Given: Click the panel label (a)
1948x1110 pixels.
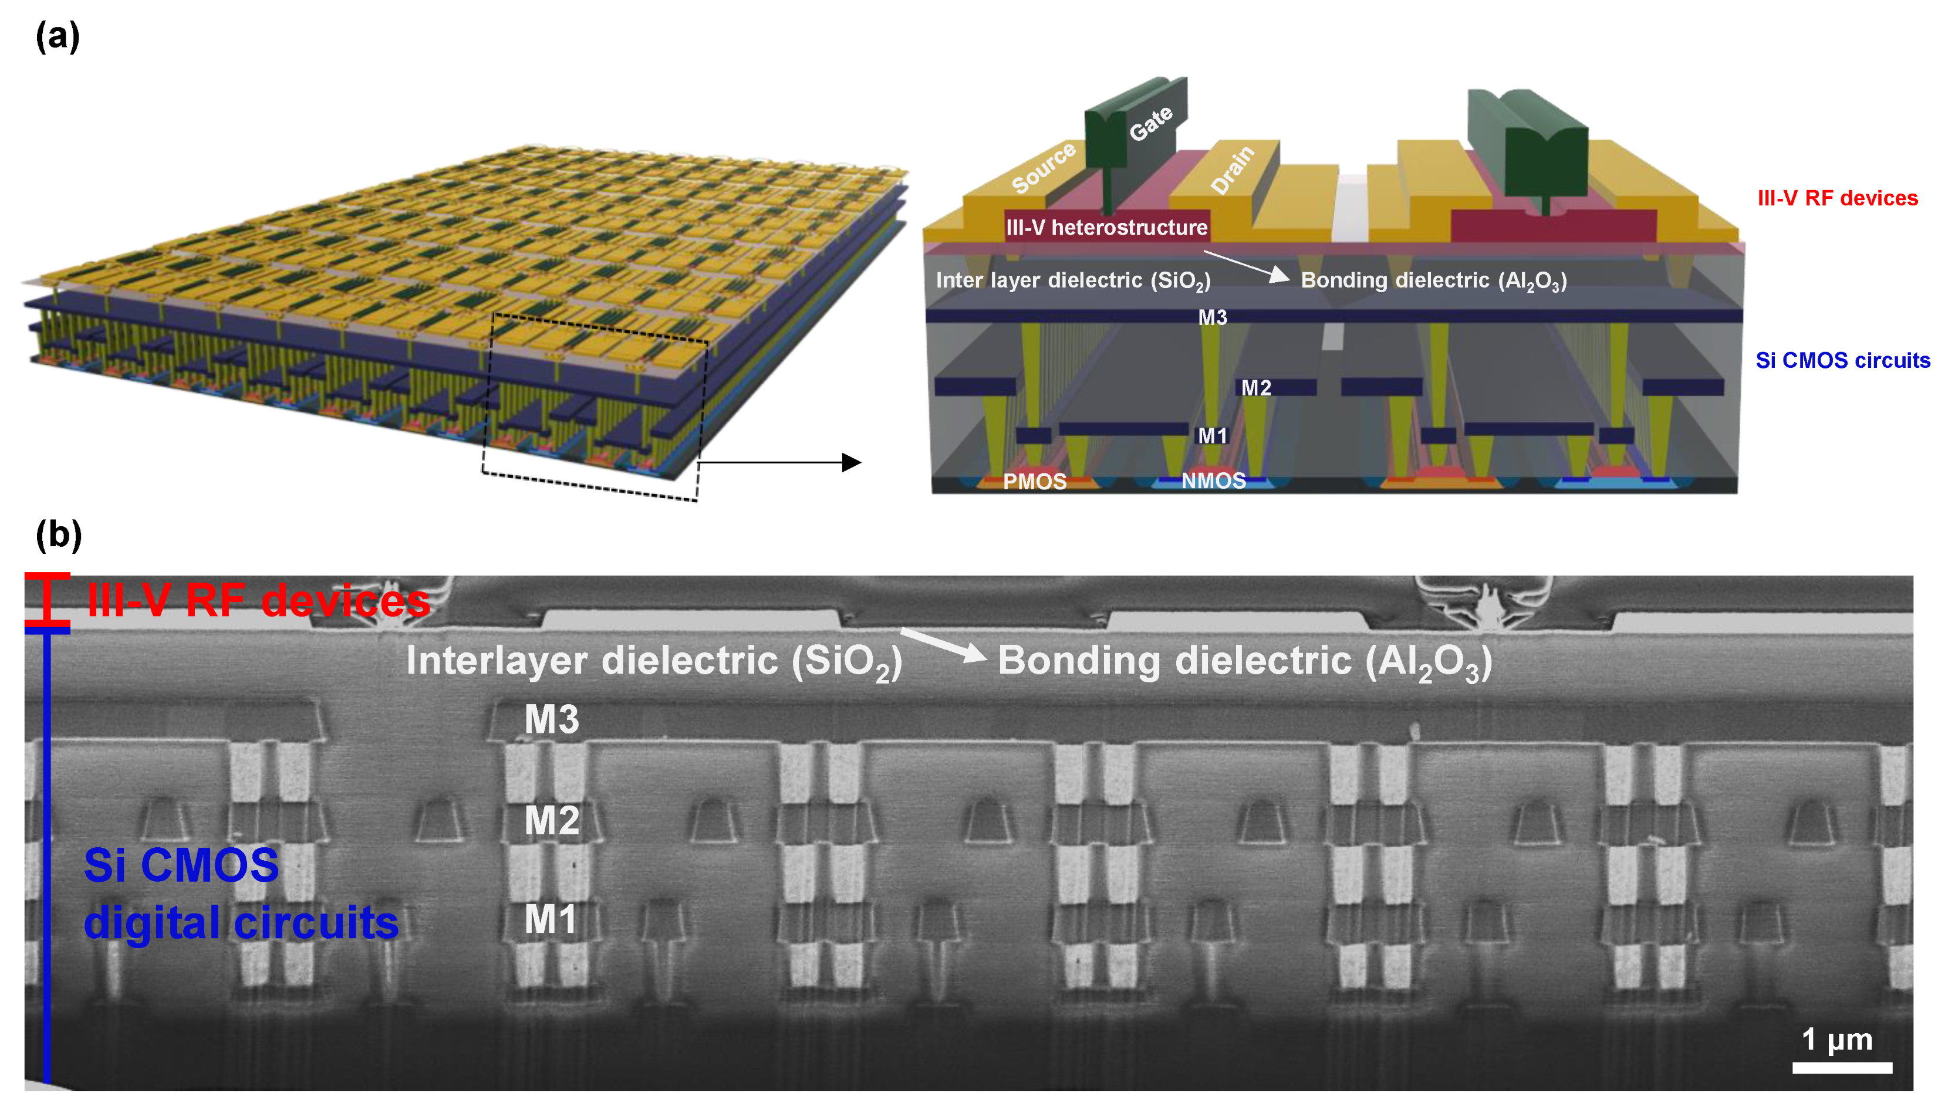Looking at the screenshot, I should (57, 36).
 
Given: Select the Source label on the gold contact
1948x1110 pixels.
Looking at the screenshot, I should (1043, 167).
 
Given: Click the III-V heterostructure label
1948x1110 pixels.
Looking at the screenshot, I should (1106, 227).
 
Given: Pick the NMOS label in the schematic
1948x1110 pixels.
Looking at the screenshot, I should (1213, 480).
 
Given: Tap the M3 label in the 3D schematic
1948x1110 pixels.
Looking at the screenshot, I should (1212, 317).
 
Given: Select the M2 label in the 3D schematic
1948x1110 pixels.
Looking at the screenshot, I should (1255, 388).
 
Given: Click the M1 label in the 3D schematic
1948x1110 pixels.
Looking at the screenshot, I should (1212, 435).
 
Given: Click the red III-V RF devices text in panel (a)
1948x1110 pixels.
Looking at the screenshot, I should (1836, 198).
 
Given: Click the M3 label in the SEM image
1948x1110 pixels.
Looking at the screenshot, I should (551, 719).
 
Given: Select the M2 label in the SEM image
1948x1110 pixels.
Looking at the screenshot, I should (551, 820).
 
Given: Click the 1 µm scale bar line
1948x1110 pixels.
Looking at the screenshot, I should (1841, 1067).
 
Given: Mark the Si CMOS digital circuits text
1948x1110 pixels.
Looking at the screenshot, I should (239, 894).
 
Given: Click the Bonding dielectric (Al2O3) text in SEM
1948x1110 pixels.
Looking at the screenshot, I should (1244, 661).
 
